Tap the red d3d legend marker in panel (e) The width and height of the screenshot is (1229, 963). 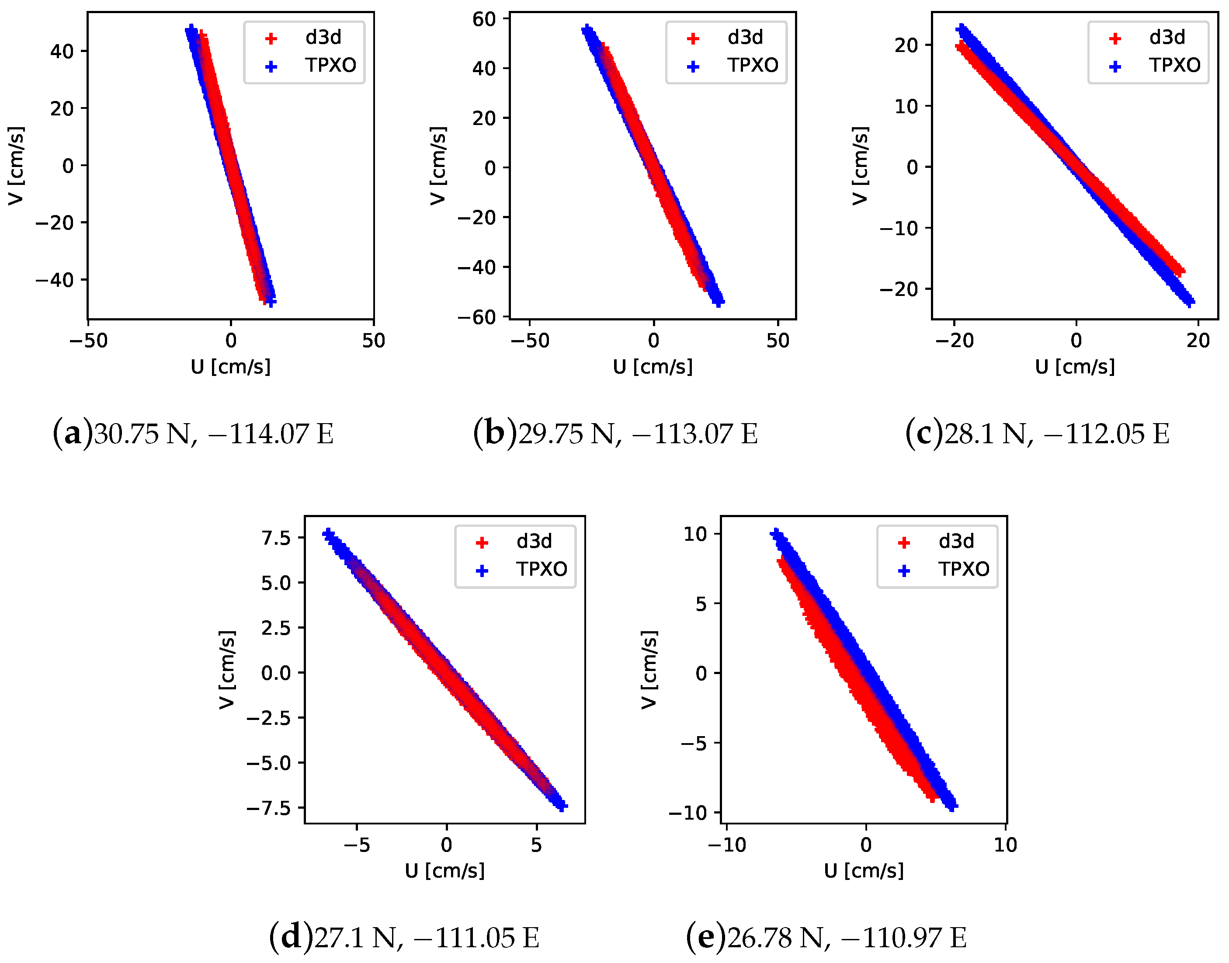tap(904, 542)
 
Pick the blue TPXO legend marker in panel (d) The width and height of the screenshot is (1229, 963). tap(482, 570)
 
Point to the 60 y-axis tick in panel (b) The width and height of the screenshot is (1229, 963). tap(484, 19)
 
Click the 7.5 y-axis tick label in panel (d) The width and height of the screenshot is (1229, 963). tap(276, 537)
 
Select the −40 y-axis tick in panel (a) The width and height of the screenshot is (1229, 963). tap(55, 280)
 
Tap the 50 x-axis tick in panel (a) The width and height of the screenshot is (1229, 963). tap(374, 341)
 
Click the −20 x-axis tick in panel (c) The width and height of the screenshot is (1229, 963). tap(955, 341)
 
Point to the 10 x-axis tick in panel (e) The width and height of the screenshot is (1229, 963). tap(1005, 845)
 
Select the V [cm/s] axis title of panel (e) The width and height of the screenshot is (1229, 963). tap(649, 669)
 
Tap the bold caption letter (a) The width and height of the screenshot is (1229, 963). tap(73, 434)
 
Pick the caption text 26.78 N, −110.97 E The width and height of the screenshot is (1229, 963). tap(847, 938)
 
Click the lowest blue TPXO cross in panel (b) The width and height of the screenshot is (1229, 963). tap(719, 302)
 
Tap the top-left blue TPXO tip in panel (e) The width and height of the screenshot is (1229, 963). tap(776, 532)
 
